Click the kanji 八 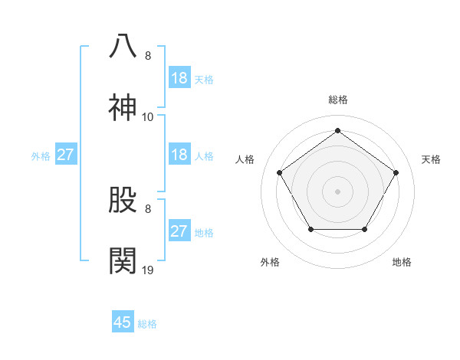123,47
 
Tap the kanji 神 123,108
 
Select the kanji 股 123,200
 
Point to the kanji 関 123,261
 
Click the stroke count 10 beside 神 148,117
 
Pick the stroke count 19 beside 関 148,270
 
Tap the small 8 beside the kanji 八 148,56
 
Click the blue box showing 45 123,322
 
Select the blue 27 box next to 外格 66,155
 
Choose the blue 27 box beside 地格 179,231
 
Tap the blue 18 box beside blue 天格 179,78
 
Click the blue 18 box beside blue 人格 179,155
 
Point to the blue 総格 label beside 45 147,324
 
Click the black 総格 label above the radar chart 338,100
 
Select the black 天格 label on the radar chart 431,159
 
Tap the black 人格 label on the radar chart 245,159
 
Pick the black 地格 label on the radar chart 402,262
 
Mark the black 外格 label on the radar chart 270,262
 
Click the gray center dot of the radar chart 337,191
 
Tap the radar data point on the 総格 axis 337,131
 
